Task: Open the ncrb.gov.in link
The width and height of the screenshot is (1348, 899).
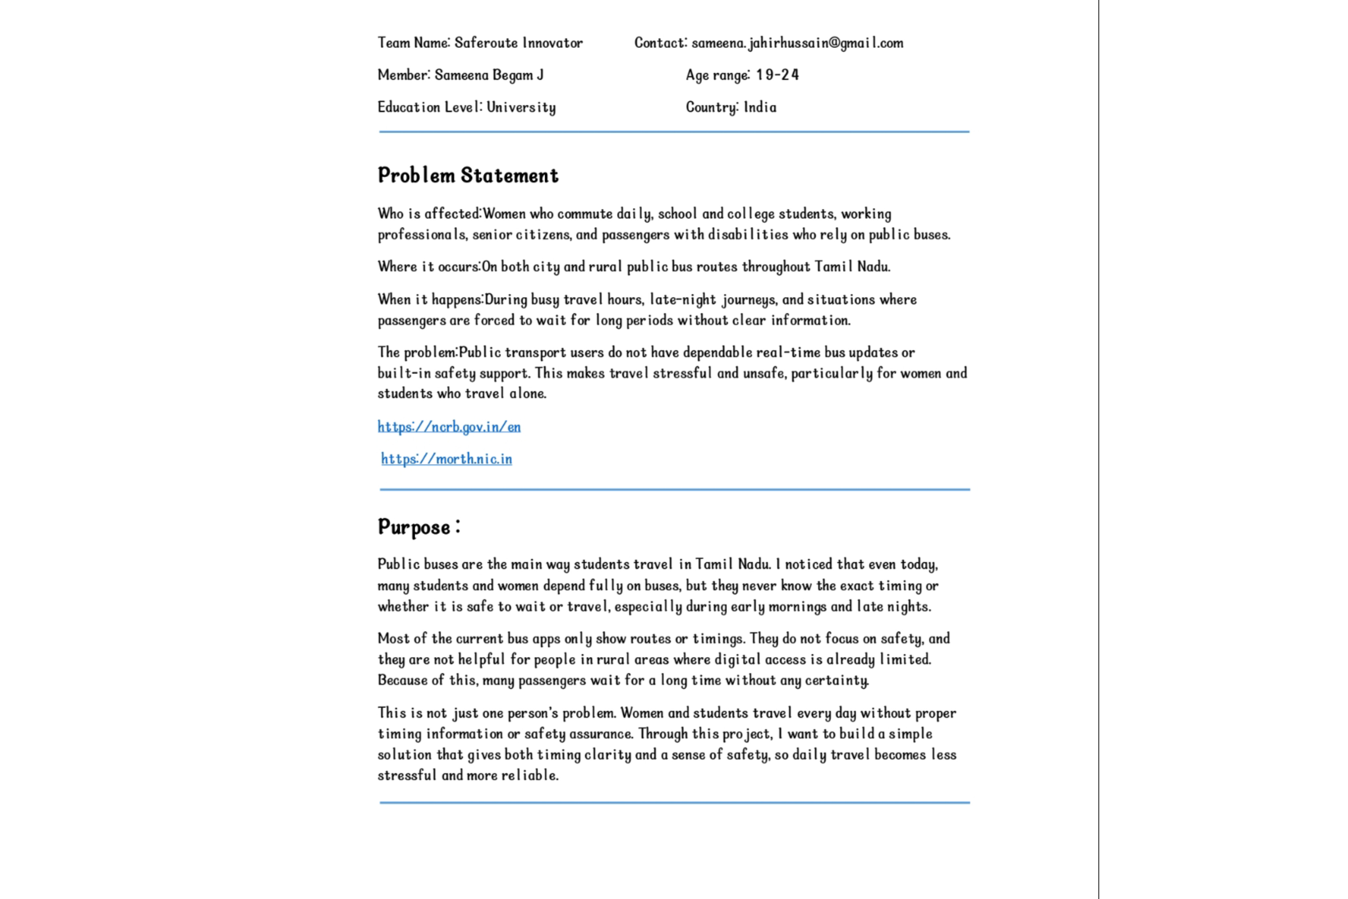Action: tap(449, 427)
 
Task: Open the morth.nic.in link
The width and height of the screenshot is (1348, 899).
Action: tap(447, 459)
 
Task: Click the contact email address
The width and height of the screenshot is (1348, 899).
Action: tap(797, 43)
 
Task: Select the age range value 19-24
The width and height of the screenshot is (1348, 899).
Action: tap(777, 75)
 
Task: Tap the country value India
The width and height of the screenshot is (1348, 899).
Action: tap(760, 107)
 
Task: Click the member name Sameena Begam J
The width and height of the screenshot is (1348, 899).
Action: tap(489, 75)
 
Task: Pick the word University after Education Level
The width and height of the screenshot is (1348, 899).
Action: tap(521, 107)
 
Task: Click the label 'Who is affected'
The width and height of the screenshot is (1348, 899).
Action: tap(429, 214)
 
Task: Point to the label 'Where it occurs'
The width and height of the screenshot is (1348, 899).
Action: tap(428, 267)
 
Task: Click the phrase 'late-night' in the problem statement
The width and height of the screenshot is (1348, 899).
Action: tap(683, 299)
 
